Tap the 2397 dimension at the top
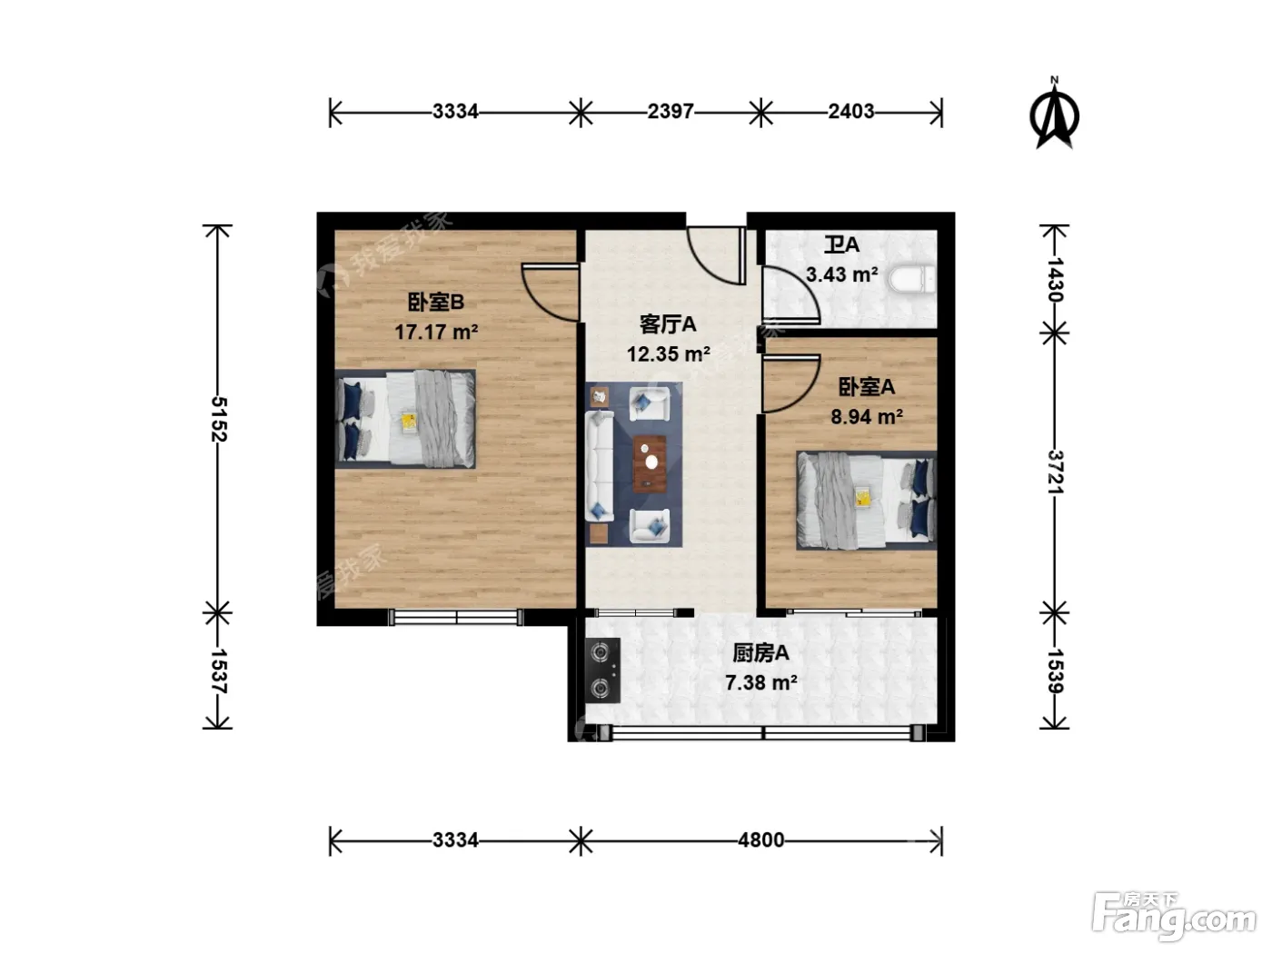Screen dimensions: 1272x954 tap(670, 111)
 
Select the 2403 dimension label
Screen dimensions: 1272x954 tap(850, 111)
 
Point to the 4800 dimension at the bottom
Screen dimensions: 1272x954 tap(760, 840)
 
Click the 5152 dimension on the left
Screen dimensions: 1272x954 tap(218, 420)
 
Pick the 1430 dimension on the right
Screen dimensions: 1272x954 tap(1055, 280)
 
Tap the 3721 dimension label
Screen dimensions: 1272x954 tap(1055, 472)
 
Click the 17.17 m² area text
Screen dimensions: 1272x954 tap(436, 332)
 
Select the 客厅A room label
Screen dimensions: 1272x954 tap(668, 324)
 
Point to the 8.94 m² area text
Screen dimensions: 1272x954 tap(867, 416)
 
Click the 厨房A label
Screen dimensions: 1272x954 tap(760, 652)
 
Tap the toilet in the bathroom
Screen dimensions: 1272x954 tap(912, 280)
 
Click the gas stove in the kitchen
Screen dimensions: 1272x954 tap(602, 671)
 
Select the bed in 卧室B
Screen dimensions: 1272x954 tap(405, 419)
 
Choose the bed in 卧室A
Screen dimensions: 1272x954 tap(867, 501)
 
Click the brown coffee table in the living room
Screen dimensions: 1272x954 tap(649, 463)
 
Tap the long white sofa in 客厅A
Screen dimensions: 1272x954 tap(599, 466)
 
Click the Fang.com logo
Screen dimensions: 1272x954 tap(1174, 918)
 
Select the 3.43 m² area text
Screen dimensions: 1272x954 tap(841, 274)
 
